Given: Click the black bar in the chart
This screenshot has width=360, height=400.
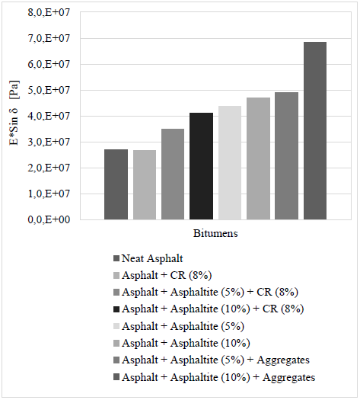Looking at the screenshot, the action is (201, 166).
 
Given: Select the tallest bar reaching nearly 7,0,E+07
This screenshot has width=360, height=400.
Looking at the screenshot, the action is (315, 130).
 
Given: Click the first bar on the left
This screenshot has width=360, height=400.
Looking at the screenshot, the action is (116, 184).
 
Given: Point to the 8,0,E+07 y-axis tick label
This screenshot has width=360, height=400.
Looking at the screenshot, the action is (49, 12).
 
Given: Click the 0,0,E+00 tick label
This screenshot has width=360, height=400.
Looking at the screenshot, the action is (49, 219).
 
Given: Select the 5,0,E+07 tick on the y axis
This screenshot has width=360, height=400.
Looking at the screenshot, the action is (49, 90).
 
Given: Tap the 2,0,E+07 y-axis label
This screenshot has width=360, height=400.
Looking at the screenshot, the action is (49, 168).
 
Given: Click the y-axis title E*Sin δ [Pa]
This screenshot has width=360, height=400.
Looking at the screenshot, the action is (14, 113).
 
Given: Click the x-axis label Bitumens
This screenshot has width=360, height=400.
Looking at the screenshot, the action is (215, 233).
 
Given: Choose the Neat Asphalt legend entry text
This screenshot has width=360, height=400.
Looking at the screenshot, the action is (152, 258).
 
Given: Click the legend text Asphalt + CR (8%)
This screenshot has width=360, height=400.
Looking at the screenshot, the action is (167, 275).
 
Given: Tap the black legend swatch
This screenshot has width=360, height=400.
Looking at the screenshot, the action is (116, 309).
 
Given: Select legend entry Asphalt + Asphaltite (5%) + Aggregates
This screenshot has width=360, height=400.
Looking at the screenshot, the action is (215, 360).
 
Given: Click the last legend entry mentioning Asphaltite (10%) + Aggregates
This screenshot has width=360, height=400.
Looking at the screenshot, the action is (218, 377).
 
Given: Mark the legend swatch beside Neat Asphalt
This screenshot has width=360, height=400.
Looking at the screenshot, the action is (116, 259).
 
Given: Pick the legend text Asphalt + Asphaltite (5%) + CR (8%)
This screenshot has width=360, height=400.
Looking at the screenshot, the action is (210, 292).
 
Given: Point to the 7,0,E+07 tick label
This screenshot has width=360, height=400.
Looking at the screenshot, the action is (49, 38).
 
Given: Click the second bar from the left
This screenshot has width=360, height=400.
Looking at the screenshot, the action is (145, 184).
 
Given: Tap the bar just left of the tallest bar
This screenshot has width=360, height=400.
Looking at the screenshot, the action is (286, 156).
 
